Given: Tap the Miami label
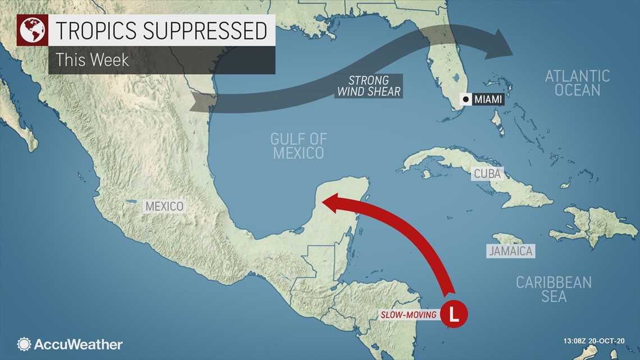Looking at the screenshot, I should (487, 99).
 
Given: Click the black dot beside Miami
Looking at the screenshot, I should (466, 99).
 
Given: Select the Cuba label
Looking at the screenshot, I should (486, 174).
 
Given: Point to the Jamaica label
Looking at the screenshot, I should (510, 250).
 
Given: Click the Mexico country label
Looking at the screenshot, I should (164, 206).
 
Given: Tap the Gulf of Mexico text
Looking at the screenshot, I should (298, 145).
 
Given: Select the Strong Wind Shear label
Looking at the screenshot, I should (369, 86).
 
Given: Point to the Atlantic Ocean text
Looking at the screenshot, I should (577, 83).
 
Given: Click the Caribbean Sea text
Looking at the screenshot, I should (554, 289).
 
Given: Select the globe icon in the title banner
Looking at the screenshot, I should (31, 30).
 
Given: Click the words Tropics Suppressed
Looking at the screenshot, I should (162, 30).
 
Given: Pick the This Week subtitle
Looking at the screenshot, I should (93, 60).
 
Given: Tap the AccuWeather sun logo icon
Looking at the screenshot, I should (24, 344).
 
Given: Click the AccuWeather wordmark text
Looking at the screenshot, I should (79, 344).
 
